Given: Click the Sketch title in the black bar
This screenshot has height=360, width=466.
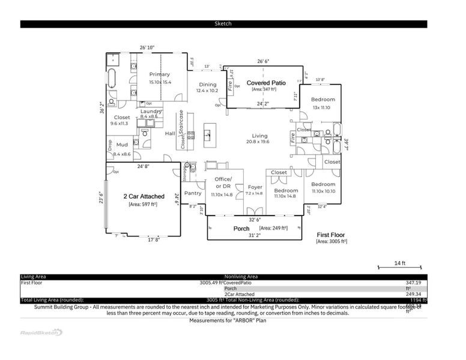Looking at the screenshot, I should tap(223, 24).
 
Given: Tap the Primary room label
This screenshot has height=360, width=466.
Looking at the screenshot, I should tap(160, 74).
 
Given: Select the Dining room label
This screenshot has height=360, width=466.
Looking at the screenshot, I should tap(207, 85).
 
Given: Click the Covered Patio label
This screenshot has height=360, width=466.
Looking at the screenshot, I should tap(266, 83).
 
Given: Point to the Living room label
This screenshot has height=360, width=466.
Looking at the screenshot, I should tap(259, 136).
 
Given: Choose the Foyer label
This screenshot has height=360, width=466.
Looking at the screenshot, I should tap(255, 187).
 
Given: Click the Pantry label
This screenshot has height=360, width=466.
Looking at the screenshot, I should tap(193, 193).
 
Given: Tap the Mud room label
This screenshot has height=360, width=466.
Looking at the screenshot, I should tap(122, 145).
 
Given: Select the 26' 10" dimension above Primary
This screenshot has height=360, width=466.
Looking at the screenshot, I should tap(147, 47).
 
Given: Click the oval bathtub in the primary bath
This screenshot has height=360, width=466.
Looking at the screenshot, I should tap(112, 78).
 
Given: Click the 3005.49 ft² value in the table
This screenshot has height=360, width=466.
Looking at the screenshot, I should tap(211, 282).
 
